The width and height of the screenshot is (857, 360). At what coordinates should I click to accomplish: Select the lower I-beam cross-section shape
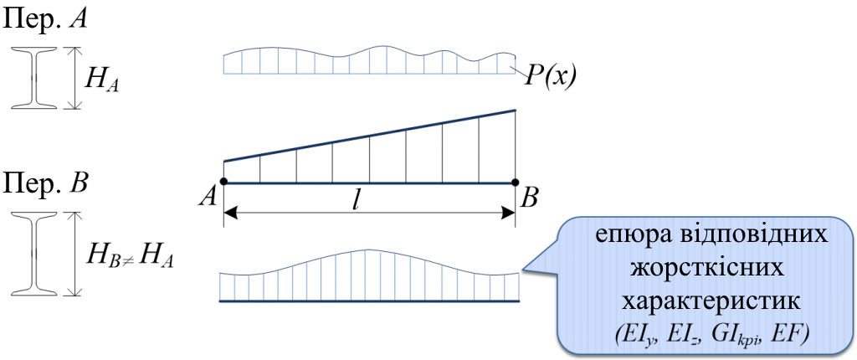33,253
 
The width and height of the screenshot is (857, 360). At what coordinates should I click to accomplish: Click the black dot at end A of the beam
223,183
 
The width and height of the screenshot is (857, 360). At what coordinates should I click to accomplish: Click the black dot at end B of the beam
515,183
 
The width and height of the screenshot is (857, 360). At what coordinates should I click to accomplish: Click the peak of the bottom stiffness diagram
367,250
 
